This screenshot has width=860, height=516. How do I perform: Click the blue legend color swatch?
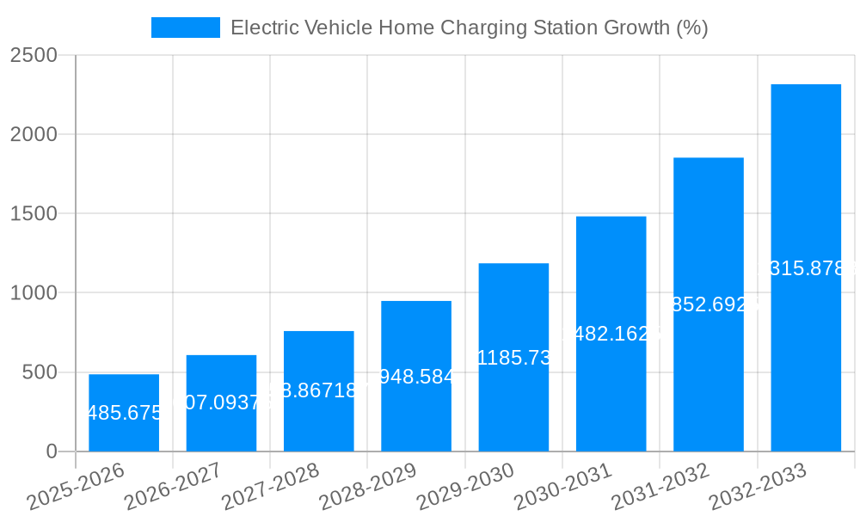point(186,28)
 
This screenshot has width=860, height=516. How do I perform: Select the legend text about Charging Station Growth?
point(469,28)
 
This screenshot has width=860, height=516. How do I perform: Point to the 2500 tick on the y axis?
point(34,55)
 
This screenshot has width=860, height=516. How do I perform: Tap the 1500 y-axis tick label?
point(34,214)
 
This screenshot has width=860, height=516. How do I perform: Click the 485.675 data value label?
point(125,413)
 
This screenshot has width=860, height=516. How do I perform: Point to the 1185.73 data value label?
point(513,358)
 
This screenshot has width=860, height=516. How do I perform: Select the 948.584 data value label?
point(416,377)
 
